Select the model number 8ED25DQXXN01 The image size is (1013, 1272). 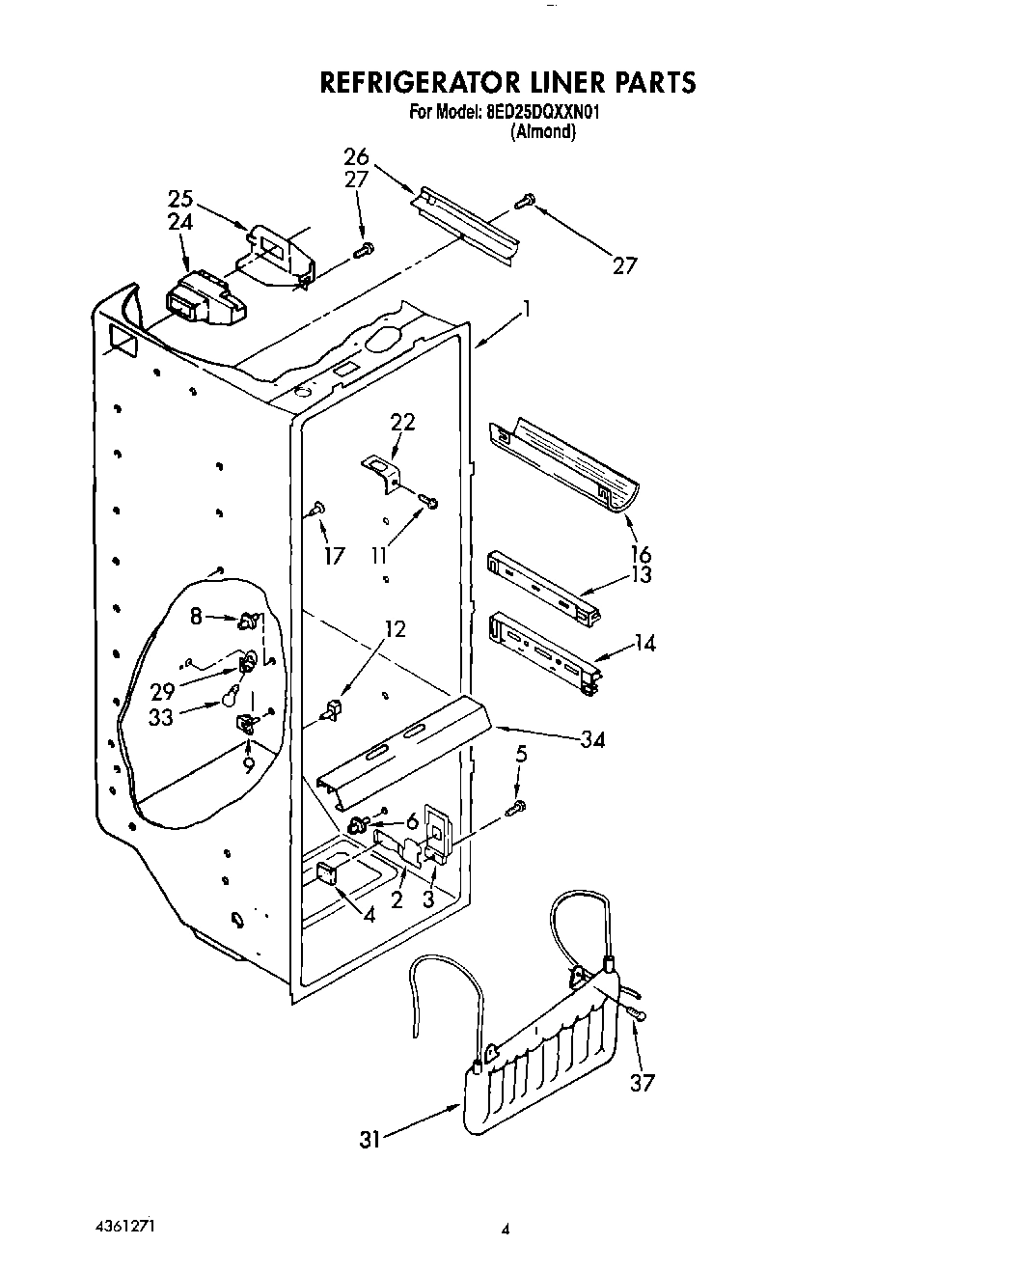(x=543, y=112)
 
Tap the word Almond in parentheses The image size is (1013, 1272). (x=543, y=132)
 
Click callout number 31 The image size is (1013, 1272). (x=370, y=1139)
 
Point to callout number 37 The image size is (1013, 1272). (x=642, y=1082)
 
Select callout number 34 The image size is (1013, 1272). (x=592, y=739)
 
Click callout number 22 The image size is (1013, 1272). (x=403, y=421)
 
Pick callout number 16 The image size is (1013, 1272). (x=641, y=554)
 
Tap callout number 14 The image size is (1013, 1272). (x=644, y=642)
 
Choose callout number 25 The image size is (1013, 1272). (x=180, y=200)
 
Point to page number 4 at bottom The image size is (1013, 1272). (x=505, y=1230)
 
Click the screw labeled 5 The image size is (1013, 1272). (x=517, y=805)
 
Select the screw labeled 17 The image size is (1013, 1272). (x=317, y=508)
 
